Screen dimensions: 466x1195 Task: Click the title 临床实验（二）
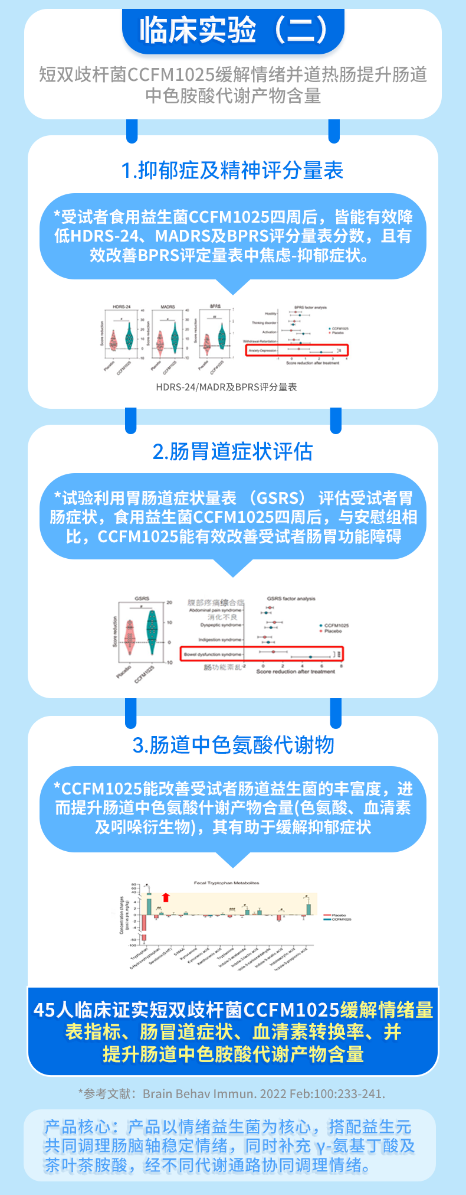click(233, 30)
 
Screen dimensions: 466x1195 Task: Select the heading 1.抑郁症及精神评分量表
click(232, 171)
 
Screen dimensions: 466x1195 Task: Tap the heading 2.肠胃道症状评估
click(232, 451)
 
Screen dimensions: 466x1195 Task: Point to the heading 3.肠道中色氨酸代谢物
click(233, 745)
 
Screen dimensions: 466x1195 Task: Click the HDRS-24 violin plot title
click(121, 307)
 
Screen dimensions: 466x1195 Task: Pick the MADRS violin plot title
click(168, 307)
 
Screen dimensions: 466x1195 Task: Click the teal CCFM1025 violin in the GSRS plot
click(152, 631)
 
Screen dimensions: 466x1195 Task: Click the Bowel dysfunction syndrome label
click(213, 655)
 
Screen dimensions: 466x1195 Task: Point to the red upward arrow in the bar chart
click(166, 897)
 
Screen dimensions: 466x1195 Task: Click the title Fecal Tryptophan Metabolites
click(227, 883)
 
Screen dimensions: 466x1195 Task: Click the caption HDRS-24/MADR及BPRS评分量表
click(227, 388)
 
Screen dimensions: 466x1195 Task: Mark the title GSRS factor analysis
click(291, 598)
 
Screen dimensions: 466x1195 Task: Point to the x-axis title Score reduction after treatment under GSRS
click(296, 672)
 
